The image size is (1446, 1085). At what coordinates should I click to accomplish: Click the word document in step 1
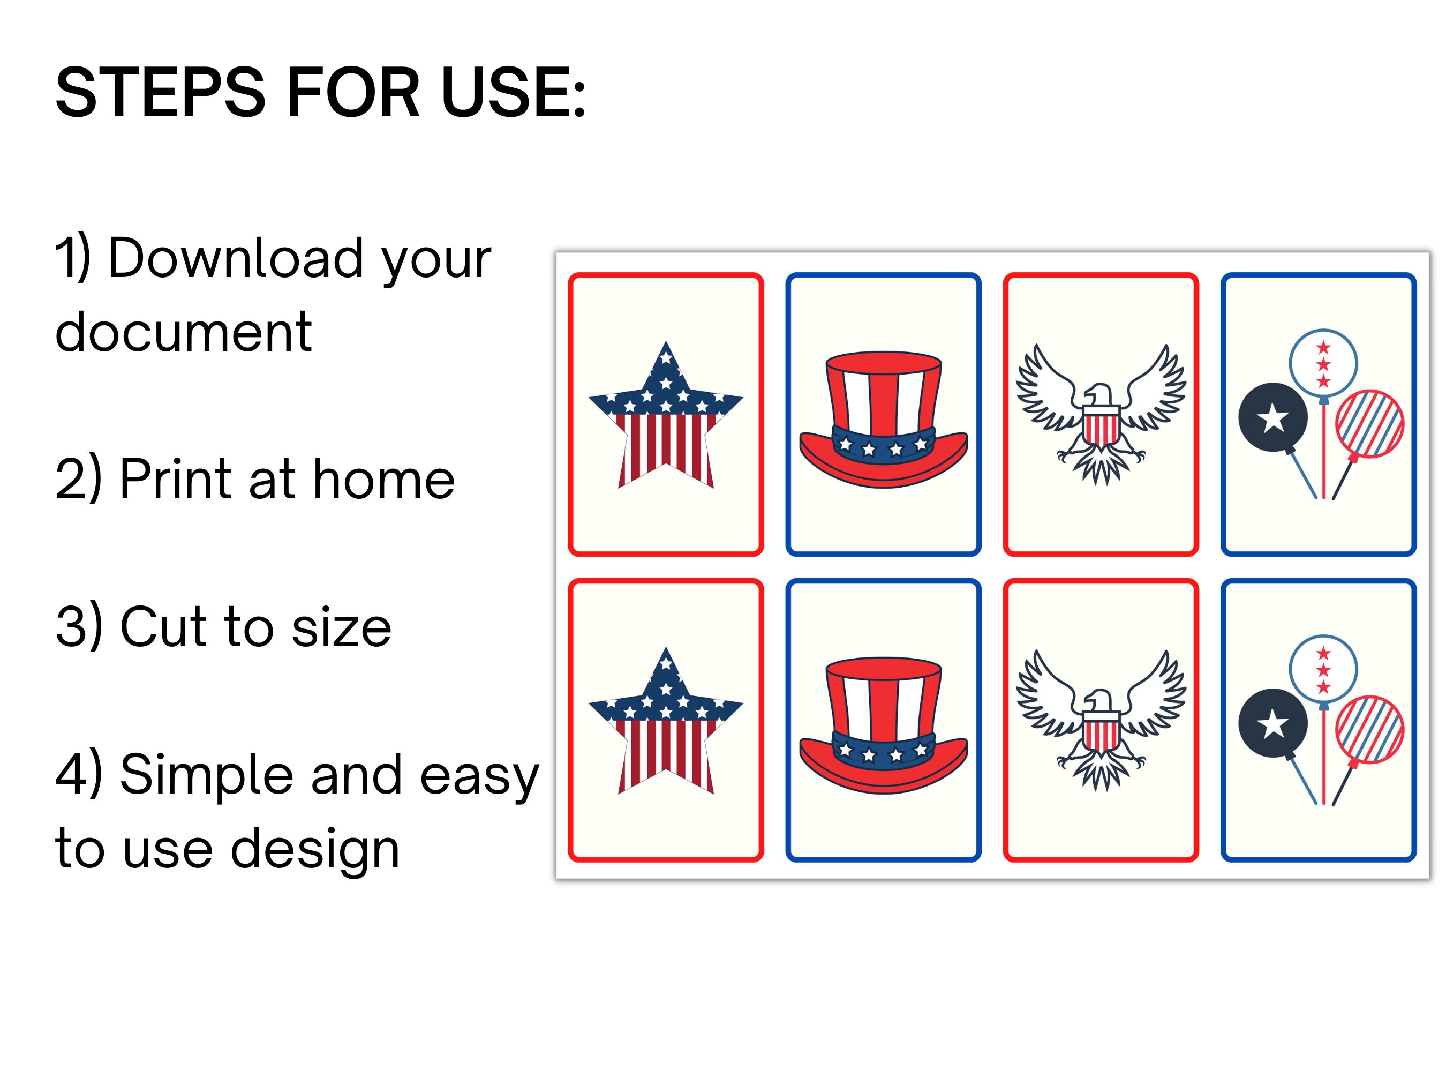[183, 332]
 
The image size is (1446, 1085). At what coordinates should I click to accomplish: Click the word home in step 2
[384, 480]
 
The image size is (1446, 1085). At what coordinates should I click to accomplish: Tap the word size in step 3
[341, 627]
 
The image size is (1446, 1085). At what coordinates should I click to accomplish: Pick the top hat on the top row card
[883, 418]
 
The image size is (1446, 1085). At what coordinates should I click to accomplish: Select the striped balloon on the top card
[1369, 423]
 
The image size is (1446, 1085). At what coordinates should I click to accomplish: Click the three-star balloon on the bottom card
[1323, 669]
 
